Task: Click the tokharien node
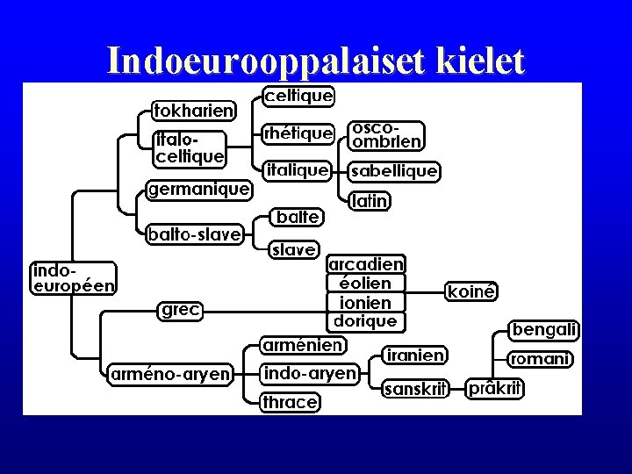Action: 193,111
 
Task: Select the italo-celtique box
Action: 190,148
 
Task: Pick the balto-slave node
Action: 194,233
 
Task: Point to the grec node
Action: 179,309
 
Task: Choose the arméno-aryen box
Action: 169,375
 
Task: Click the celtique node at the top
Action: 298,95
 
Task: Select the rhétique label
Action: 298,133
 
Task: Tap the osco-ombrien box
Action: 385,134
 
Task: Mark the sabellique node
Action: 393,171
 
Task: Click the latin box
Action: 369,201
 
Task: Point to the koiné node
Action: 472,291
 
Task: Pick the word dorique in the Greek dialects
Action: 366,321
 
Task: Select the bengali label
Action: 545,330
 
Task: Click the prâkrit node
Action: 495,387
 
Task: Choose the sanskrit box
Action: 416,389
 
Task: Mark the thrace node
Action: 290,402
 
